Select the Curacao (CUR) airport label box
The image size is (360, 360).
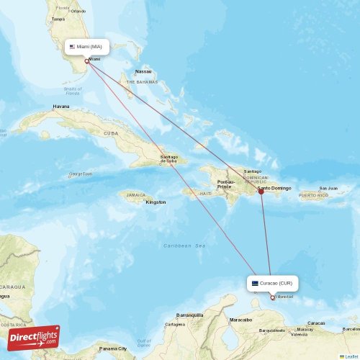[272, 283]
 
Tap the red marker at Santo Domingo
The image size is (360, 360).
[261, 192]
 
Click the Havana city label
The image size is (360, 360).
[61, 107]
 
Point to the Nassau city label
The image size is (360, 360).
[143, 71]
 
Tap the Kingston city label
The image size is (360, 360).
[156, 202]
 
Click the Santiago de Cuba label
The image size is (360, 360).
[168, 158]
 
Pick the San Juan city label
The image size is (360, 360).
[328, 188]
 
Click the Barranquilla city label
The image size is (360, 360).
[190, 315]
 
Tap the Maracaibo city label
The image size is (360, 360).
[240, 319]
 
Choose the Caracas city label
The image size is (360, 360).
[316, 323]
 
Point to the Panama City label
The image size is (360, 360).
[114, 348]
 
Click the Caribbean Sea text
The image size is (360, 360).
[184, 246]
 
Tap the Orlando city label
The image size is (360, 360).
[78, 11]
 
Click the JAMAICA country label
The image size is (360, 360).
[135, 194]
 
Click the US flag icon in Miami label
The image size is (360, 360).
[72, 46]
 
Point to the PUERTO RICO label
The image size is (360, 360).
[313, 195]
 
